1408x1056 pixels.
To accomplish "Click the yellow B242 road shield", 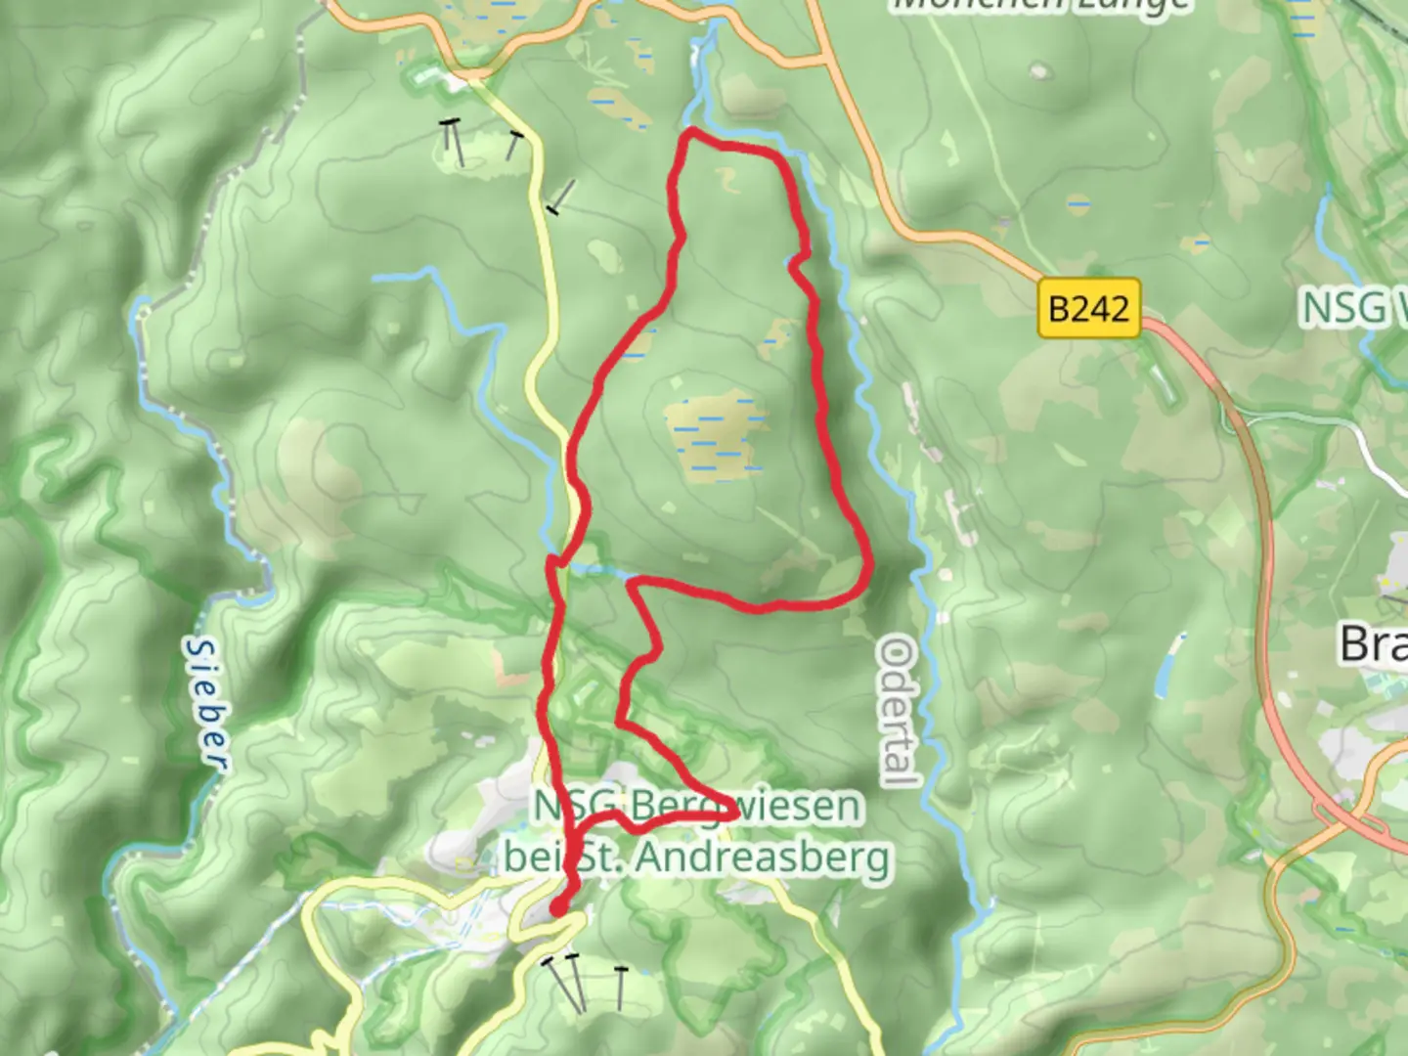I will pos(1089,309).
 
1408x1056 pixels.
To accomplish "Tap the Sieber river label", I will pos(206,703).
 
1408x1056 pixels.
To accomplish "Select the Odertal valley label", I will pos(899,711).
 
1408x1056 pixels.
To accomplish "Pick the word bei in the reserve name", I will pos(529,858).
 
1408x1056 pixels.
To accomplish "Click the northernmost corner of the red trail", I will pos(691,131).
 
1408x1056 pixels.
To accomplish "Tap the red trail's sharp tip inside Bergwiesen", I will pos(734,809).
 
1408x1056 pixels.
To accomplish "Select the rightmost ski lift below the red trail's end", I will pos(620,987).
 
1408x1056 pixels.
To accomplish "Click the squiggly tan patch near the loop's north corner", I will pos(726,178).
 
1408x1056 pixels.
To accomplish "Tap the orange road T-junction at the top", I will pos(826,61).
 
